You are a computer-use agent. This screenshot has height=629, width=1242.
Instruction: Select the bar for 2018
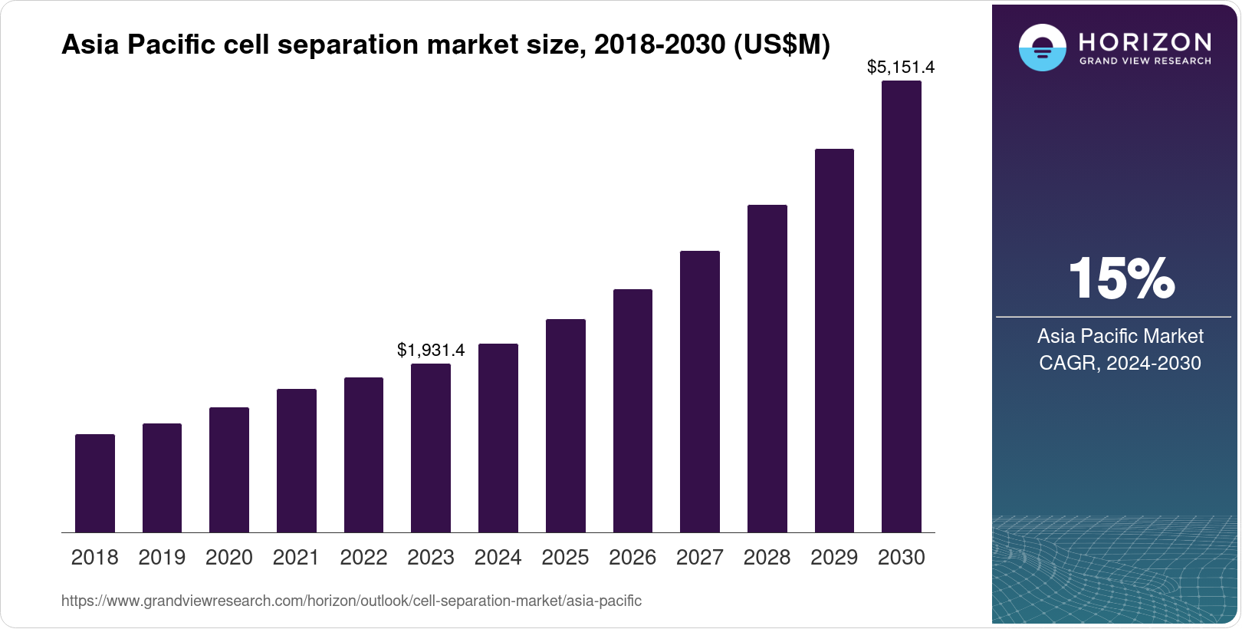click(x=95, y=483)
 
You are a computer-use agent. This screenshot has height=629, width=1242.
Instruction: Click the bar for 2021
click(x=297, y=460)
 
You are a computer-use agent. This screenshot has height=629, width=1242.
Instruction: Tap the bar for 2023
click(x=431, y=448)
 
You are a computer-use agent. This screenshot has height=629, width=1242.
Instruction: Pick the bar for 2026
click(x=632, y=410)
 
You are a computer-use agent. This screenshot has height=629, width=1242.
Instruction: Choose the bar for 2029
click(x=834, y=341)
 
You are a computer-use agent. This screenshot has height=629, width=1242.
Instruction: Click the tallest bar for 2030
click(x=902, y=307)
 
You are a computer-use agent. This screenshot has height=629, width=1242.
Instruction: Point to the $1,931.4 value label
click(x=431, y=351)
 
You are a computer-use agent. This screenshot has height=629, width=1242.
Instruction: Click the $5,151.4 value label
click(x=901, y=68)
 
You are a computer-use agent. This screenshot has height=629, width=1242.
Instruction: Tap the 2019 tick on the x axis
click(x=162, y=558)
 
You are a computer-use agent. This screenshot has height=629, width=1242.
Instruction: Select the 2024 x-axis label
click(x=498, y=558)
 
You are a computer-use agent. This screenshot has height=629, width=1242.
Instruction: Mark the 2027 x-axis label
click(x=700, y=558)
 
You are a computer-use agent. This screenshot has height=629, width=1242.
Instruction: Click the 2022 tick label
click(x=363, y=558)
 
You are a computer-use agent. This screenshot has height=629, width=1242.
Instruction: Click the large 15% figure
click(x=1121, y=278)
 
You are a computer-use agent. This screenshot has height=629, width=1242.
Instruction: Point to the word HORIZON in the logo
click(x=1145, y=42)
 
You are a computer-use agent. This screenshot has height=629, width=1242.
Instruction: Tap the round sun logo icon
click(x=1043, y=48)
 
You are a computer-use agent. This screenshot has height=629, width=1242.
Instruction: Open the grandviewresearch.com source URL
click(x=351, y=601)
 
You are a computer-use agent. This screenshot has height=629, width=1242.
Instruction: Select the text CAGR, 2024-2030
click(x=1120, y=363)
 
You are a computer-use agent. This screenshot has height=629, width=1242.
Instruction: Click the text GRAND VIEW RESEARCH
click(x=1145, y=61)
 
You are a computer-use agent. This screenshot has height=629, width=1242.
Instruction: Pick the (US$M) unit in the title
click(x=782, y=45)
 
